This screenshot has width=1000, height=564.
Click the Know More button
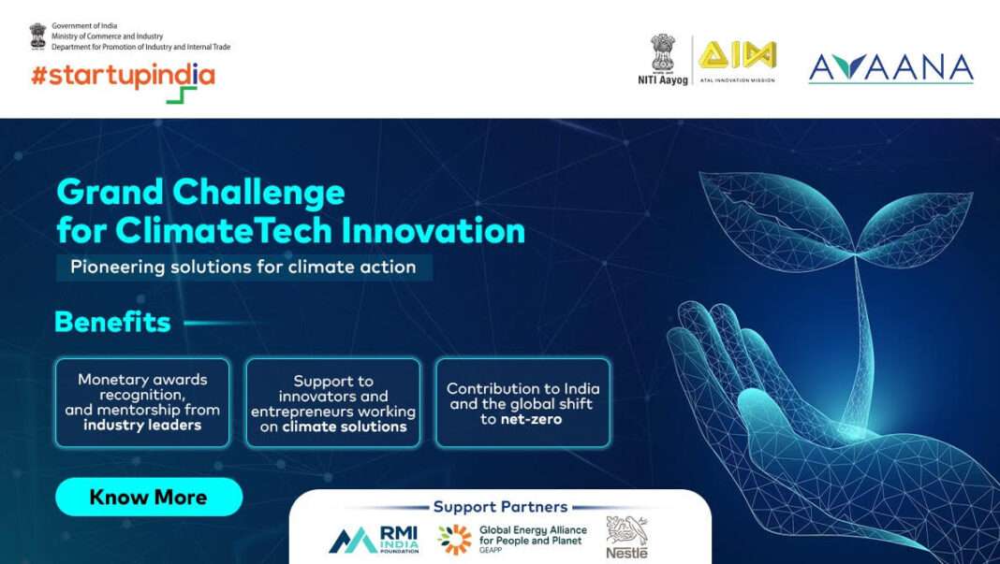148,497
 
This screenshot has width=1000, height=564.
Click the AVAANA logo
890,67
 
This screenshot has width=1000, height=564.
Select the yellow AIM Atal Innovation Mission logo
738,56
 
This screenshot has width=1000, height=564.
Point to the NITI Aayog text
663,80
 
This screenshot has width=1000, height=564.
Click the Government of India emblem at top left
37,36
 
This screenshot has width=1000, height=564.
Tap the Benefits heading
112,323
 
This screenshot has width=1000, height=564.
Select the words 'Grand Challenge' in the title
200,193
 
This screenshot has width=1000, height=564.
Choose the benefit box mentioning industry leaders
142,402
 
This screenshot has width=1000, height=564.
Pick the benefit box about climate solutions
333,403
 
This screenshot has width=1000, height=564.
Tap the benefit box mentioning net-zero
522,403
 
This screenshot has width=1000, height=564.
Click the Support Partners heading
500,507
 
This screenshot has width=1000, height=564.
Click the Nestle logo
626,538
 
